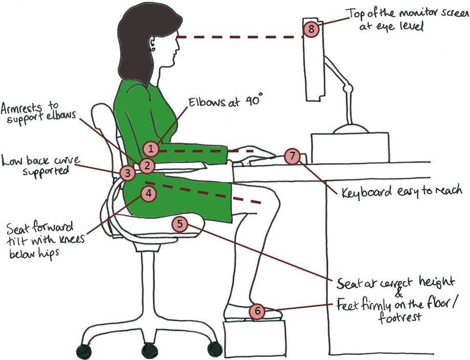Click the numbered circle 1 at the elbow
click(151, 149)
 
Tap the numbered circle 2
click(147, 165)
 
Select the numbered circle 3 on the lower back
click(127, 173)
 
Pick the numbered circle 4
click(148, 193)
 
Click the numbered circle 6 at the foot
click(257, 310)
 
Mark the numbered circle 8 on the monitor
click(311, 29)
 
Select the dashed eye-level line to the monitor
click(240, 37)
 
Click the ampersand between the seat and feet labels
click(399, 295)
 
